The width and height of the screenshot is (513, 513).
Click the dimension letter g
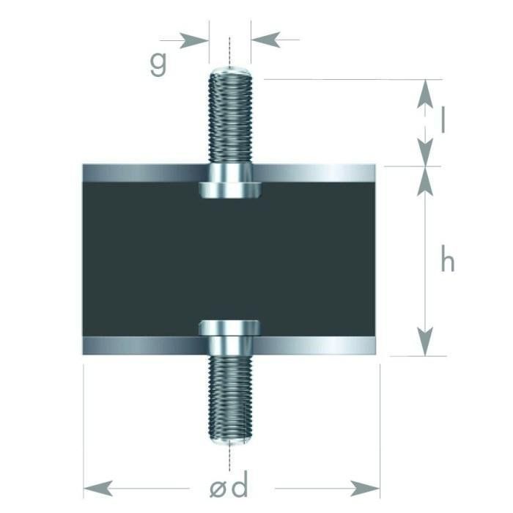tap(158, 64)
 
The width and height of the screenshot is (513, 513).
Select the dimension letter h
tap(447, 260)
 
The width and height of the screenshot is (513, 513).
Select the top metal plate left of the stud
tap(139, 174)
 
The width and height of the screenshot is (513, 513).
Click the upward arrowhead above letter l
tap(424, 95)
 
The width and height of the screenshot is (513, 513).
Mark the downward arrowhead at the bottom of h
tap(424, 341)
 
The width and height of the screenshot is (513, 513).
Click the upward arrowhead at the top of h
tap(424, 182)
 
